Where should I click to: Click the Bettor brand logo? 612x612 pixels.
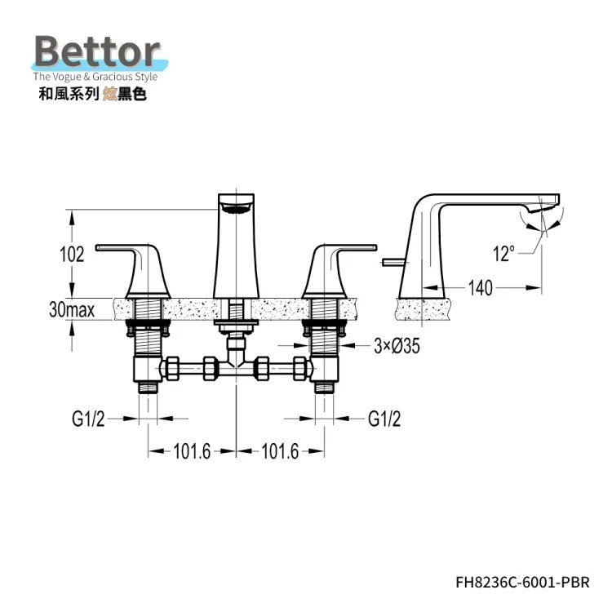coord(98,51)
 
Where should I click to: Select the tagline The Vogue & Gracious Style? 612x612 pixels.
coord(95,77)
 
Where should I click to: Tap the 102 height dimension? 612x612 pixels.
coord(72,254)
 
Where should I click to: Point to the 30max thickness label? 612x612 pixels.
coord(72,310)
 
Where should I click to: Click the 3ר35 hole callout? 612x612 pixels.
coord(397,346)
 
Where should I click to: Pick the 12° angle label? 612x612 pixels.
coord(504,254)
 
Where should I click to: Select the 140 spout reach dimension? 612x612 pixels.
coord(481,288)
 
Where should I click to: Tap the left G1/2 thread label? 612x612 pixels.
coord(88,419)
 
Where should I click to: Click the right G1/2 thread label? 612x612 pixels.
coord(384,419)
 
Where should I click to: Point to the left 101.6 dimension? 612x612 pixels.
coord(192,451)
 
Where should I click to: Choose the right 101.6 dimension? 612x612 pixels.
coord(280,451)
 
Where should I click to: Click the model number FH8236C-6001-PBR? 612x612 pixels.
coord(522,583)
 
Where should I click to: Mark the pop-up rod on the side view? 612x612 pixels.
coord(396,261)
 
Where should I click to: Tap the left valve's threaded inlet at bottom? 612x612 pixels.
coord(149,388)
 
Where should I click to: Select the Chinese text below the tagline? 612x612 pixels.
coord(92,94)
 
